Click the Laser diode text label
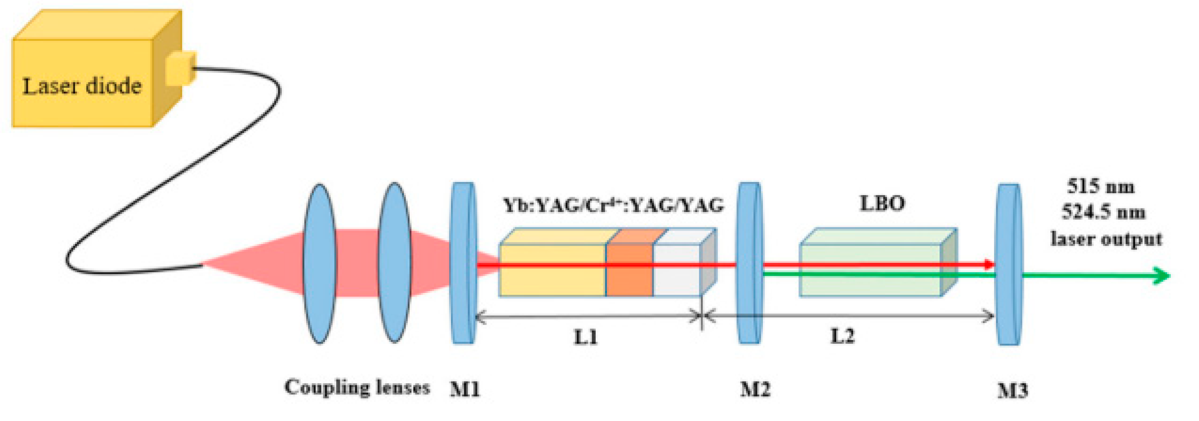[x=82, y=87]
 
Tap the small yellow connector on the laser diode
[x=181, y=68]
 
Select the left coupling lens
[x=319, y=264]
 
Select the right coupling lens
[x=394, y=263]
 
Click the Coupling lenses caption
[x=357, y=387]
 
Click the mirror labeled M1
[x=464, y=264]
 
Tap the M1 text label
[x=464, y=390]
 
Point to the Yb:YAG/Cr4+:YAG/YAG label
[x=614, y=205]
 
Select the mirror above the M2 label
[x=749, y=264]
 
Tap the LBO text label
[x=882, y=203]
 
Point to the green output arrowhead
[x=1162, y=275]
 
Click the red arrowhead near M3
[x=989, y=265]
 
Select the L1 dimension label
[x=585, y=337]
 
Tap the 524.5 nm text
[x=1103, y=213]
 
